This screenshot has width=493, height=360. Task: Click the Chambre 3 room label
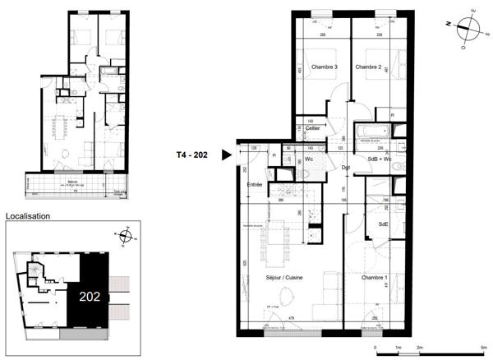(324, 67)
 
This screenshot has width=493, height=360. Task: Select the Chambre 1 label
(374, 278)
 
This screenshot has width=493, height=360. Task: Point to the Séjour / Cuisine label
(283, 278)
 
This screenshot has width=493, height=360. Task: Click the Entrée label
(255, 185)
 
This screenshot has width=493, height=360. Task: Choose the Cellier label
(312, 129)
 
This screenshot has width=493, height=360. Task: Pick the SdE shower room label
(383, 224)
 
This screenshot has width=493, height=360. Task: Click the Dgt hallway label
(347, 168)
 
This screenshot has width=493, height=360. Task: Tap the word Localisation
(28, 216)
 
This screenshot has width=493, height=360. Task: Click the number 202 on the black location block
(90, 297)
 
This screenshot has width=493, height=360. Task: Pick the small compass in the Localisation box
(126, 237)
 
